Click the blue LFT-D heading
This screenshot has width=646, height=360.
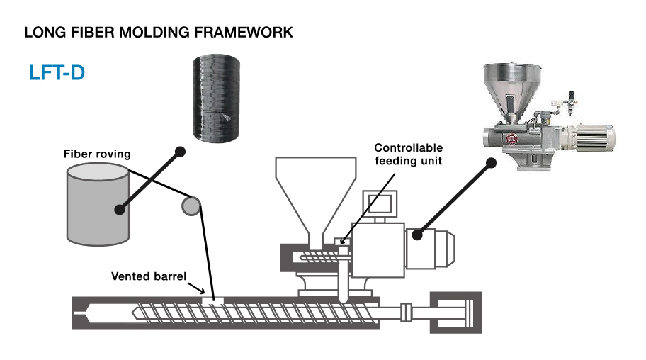(x=57, y=73)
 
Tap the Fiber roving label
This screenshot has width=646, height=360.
(x=97, y=154)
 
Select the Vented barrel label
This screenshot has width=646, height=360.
(x=149, y=276)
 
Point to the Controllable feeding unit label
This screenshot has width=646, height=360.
(x=408, y=154)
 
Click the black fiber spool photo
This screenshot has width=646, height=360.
(x=216, y=98)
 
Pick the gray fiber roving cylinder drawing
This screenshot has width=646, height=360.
(x=98, y=204)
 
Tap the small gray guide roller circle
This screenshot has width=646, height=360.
(x=191, y=206)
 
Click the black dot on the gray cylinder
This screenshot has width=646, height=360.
(x=120, y=210)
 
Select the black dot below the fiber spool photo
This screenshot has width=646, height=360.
(x=180, y=152)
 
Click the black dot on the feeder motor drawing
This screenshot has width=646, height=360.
(x=417, y=235)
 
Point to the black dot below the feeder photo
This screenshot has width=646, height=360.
(x=491, y=163)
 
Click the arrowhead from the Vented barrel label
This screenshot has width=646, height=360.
(x=202, y=291)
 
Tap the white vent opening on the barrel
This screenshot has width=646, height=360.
(x=212, y=300)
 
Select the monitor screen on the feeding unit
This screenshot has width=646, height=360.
(x=380, y=203)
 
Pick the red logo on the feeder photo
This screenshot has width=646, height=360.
(x=511, y=139)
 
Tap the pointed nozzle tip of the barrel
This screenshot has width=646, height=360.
(x=76, y=313)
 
